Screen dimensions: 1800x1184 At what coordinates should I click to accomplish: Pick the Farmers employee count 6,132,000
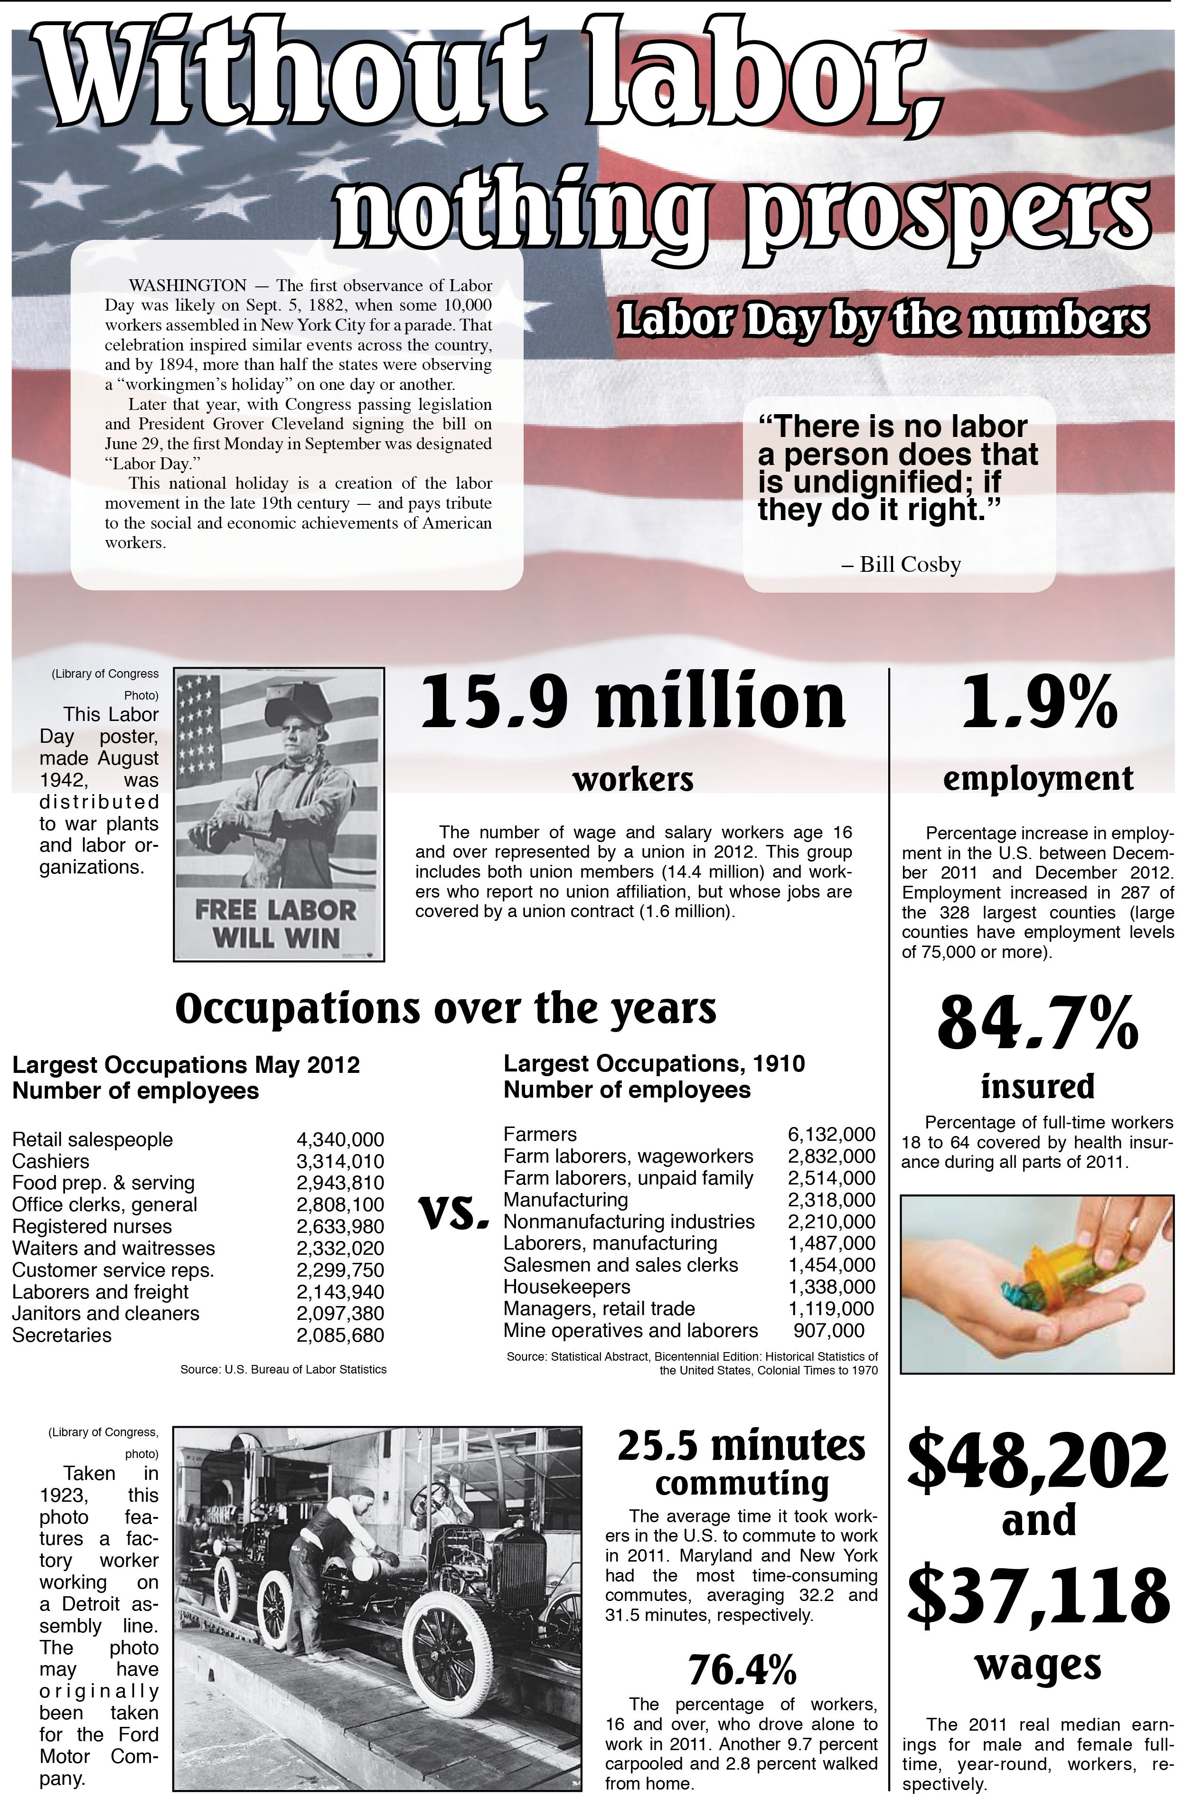831,1134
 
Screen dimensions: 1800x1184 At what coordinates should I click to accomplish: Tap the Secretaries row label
62,1335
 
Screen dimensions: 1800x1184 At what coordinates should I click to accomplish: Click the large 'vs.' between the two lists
452,1214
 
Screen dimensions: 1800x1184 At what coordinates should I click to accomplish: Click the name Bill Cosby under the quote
910,564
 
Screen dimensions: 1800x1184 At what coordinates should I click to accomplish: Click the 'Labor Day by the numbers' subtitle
883,321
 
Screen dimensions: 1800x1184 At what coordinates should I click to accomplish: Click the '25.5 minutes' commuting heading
741,1445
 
